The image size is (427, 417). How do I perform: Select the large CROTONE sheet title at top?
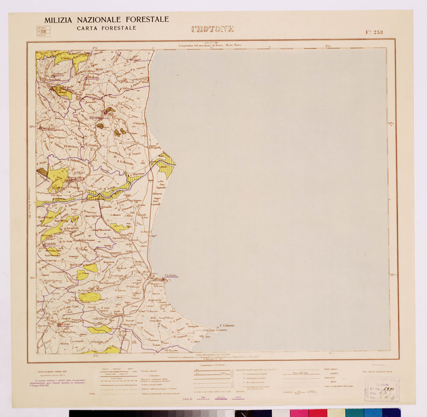tap(212, 29)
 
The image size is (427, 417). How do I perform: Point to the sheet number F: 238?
tap(374, 32)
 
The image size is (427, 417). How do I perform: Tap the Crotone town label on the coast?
tap(170, 275)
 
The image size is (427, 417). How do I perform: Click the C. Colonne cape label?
tap(226, 325)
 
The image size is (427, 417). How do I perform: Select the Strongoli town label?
tap(96, 119)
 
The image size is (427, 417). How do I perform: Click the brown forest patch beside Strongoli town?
tap(110, 111)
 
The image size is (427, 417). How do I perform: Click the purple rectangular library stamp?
tap(382, 389)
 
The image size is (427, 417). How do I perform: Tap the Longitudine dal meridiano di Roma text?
tap(210, 46)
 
